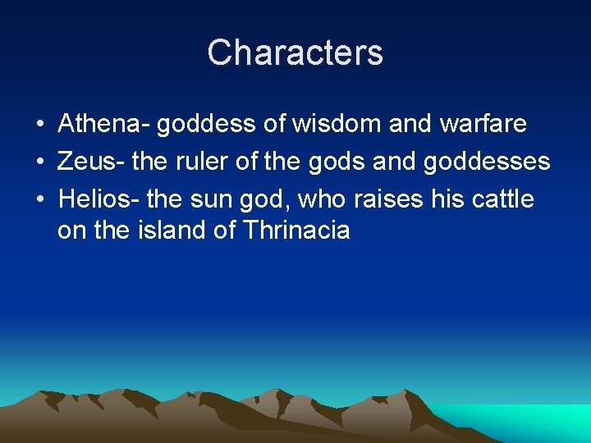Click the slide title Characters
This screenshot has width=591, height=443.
click(x=295, y=53)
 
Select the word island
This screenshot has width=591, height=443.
click(x=170, y=231)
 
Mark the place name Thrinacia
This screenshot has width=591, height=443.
click(x=296, y=231)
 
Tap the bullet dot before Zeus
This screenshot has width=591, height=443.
click(x=39, y=162)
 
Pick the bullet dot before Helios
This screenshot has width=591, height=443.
click(x=39, y=199)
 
